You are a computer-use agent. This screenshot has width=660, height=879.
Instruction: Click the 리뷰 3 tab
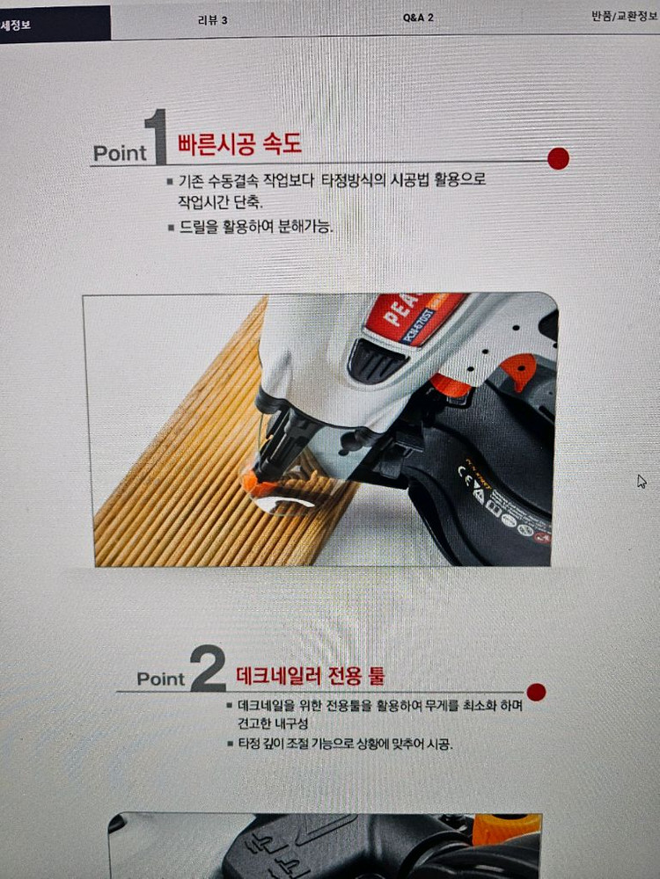click(213, 19)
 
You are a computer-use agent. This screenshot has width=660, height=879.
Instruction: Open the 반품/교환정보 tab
click(626, 16)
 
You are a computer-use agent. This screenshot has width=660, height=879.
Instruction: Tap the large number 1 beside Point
click(158, 138)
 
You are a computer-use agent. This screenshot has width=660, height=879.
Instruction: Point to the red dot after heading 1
click(558, 159)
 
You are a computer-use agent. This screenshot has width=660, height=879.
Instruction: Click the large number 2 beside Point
click(208, 671)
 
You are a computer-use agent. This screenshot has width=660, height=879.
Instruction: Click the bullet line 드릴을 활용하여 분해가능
click(255, 227)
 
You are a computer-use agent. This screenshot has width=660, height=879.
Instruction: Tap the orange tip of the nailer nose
click(249, 482)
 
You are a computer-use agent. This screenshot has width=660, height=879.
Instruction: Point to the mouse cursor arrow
click(642, 481)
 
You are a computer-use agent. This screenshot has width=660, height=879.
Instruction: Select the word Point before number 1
click(120, 153)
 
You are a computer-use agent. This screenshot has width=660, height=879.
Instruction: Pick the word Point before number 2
click(161, 679)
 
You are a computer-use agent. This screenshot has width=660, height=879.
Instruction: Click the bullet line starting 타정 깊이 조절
click(344, 745)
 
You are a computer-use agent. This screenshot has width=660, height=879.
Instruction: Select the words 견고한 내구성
click(268, 724)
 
